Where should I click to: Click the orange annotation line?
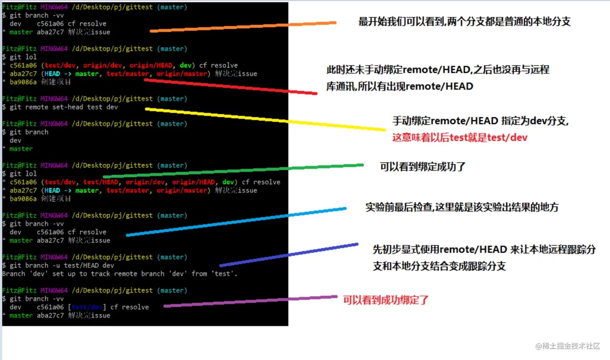[x=242, y=27]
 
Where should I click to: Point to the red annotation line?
[x=230, y=87]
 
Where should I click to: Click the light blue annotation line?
[x=236, y=222]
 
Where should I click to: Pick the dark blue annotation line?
[x=289, y=255]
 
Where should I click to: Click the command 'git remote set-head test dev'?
[x=64, y=107]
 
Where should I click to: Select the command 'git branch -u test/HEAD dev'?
[x=62, y=265]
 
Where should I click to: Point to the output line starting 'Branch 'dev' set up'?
[x=119, y=274]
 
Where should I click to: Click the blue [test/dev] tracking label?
[x=87, y=307]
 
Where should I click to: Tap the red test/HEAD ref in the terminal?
[x=101, y=182]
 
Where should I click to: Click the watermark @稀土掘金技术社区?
[x=568, y=346]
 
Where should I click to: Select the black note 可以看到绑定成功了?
[x=422, y=167]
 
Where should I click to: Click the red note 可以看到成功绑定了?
[x=386, y=300]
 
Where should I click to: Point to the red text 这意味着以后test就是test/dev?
[x=460, y=138]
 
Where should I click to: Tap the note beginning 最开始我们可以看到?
[x=464, y=21]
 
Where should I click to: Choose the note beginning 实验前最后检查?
[x=462, y=207]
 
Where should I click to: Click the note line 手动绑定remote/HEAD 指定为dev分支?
[x=480, y=121]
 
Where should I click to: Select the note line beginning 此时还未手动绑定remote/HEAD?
[x=438, y=70]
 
